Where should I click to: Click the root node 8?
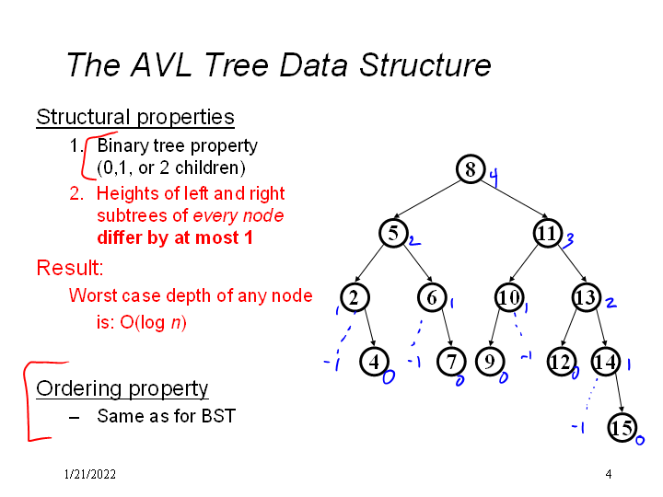[470, 170]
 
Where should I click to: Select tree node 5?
[393, 234]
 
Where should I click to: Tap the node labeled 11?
[547, 234]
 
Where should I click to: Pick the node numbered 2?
[354, 297]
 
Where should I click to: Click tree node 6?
[432, 297]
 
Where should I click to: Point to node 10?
[508, 297]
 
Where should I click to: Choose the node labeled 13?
[586, 297]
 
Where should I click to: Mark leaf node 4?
[374, 362]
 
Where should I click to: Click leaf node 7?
[450, 362]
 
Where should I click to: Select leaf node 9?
[489, 362]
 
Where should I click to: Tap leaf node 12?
[560, 362]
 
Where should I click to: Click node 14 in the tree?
[605, 362]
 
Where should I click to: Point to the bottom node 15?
[622, 427]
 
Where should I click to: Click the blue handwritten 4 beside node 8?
[494, 179]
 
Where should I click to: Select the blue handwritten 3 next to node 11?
[570, 240]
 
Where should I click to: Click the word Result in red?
[69, 269]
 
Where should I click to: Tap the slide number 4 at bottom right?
[609, 474]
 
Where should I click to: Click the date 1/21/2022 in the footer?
[90, 475]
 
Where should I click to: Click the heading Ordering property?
[122, 388]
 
